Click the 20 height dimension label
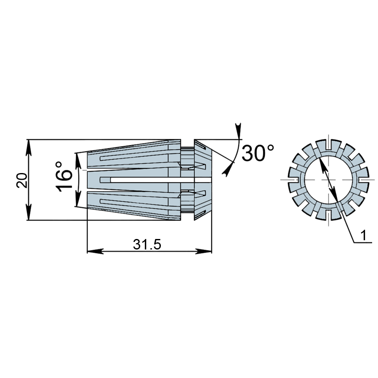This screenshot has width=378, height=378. [x=22, y=180]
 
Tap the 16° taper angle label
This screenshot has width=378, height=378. [x=64, y=176]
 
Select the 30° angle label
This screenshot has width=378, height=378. [x=258, y=153]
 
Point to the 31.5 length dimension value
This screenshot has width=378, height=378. [x=147, y=244]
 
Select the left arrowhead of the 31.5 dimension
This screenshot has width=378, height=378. [x=95, y=251]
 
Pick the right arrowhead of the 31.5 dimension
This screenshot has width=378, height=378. [x=204, y=251]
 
